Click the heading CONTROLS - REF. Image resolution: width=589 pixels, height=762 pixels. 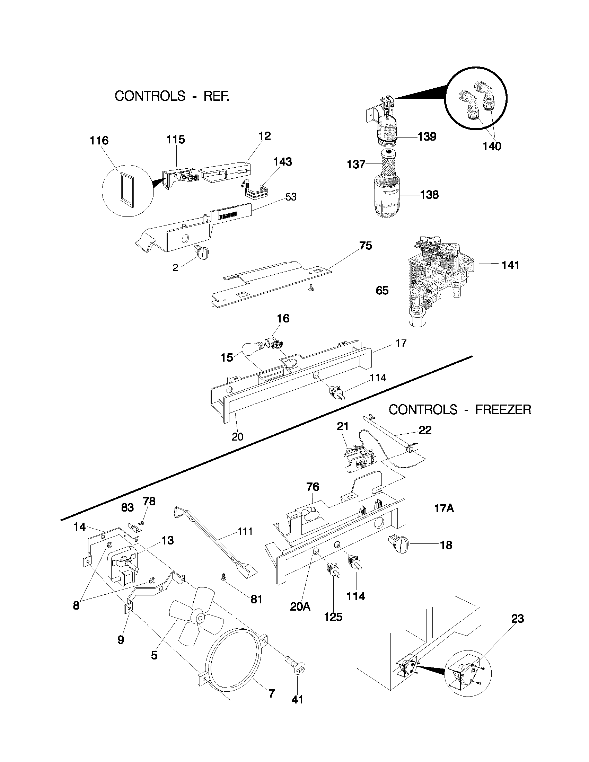coord(172,96)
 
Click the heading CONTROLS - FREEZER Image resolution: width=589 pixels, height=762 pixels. coord(459,410)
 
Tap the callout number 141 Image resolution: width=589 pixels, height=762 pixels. coord(510,266)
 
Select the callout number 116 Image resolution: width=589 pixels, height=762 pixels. coord(99,141)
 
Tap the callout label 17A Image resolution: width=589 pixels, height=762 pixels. coord(444,509)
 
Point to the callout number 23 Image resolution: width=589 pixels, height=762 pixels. coord(518,619)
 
